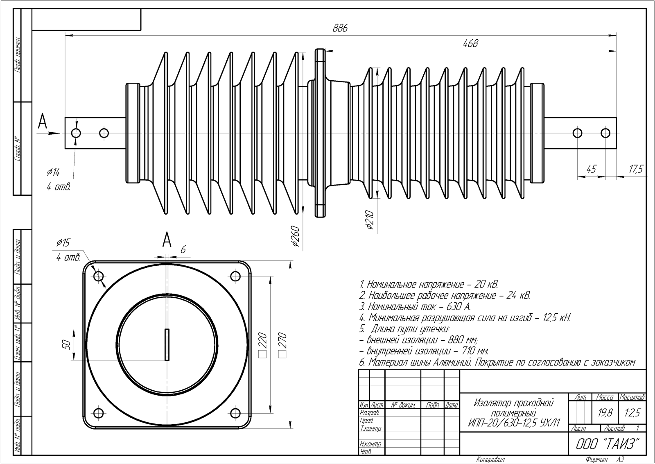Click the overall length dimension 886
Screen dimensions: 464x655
(x=340, y=28)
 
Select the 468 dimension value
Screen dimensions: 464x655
(x=470, y=44)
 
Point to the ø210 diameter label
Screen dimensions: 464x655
(x=370, y=220)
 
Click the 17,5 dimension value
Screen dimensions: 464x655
(x=635, y=169)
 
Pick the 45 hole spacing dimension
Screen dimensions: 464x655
(x=591, y=169)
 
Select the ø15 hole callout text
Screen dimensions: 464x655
(x=63, y=243)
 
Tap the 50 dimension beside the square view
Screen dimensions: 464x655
(x=67, y=345)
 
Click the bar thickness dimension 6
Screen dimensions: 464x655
(x=183, y=249)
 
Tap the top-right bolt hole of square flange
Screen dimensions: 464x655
(x=235, y=276)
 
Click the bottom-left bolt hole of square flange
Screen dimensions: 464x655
(x=98, y=412)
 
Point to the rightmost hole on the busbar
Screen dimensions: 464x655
(x=605, y=133)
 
